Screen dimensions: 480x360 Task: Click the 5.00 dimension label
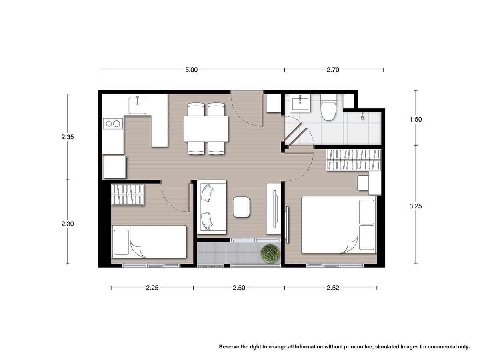191,70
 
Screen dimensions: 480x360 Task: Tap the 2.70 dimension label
333,70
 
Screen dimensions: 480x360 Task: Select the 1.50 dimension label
416,120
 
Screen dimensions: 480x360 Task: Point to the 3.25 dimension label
416,206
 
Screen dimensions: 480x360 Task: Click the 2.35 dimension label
68,137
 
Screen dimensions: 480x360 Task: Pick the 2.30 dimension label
68,224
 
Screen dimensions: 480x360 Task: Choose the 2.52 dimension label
333,288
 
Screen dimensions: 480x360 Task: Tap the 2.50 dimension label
239,288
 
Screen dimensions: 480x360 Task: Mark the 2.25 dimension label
152,288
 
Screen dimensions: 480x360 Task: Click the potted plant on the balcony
270,253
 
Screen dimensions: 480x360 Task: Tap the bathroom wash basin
300,103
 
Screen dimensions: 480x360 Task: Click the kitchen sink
137,106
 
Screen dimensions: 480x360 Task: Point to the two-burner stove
113,124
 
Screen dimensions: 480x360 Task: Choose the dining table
206,129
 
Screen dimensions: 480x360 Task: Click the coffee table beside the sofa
241,207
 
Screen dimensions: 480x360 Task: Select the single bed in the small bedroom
149,242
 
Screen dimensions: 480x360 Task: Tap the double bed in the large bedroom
338,225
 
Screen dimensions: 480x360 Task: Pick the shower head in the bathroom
362,116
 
